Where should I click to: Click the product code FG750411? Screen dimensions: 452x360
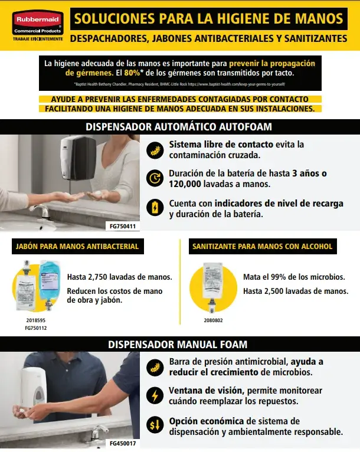[x=122, y=226]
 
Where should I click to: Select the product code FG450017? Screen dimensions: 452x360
[x=122, y=443]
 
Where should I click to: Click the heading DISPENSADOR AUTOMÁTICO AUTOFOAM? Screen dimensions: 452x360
[x=179, y=127]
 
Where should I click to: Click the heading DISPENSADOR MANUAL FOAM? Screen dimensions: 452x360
[x=178, y=344]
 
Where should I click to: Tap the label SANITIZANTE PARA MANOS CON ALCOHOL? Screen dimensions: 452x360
[x=263, y=246]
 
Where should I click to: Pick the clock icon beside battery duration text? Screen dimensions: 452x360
[x=155, y=178]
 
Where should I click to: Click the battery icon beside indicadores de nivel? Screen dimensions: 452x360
[x=155, y=207]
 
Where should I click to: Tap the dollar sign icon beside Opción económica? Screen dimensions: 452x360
[x=155, y=425]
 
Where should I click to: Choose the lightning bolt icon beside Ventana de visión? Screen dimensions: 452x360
[x=155, y=395]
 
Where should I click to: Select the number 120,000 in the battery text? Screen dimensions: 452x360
[x=189, y=184]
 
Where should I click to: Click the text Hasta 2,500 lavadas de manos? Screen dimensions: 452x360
[x=295, y=291]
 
